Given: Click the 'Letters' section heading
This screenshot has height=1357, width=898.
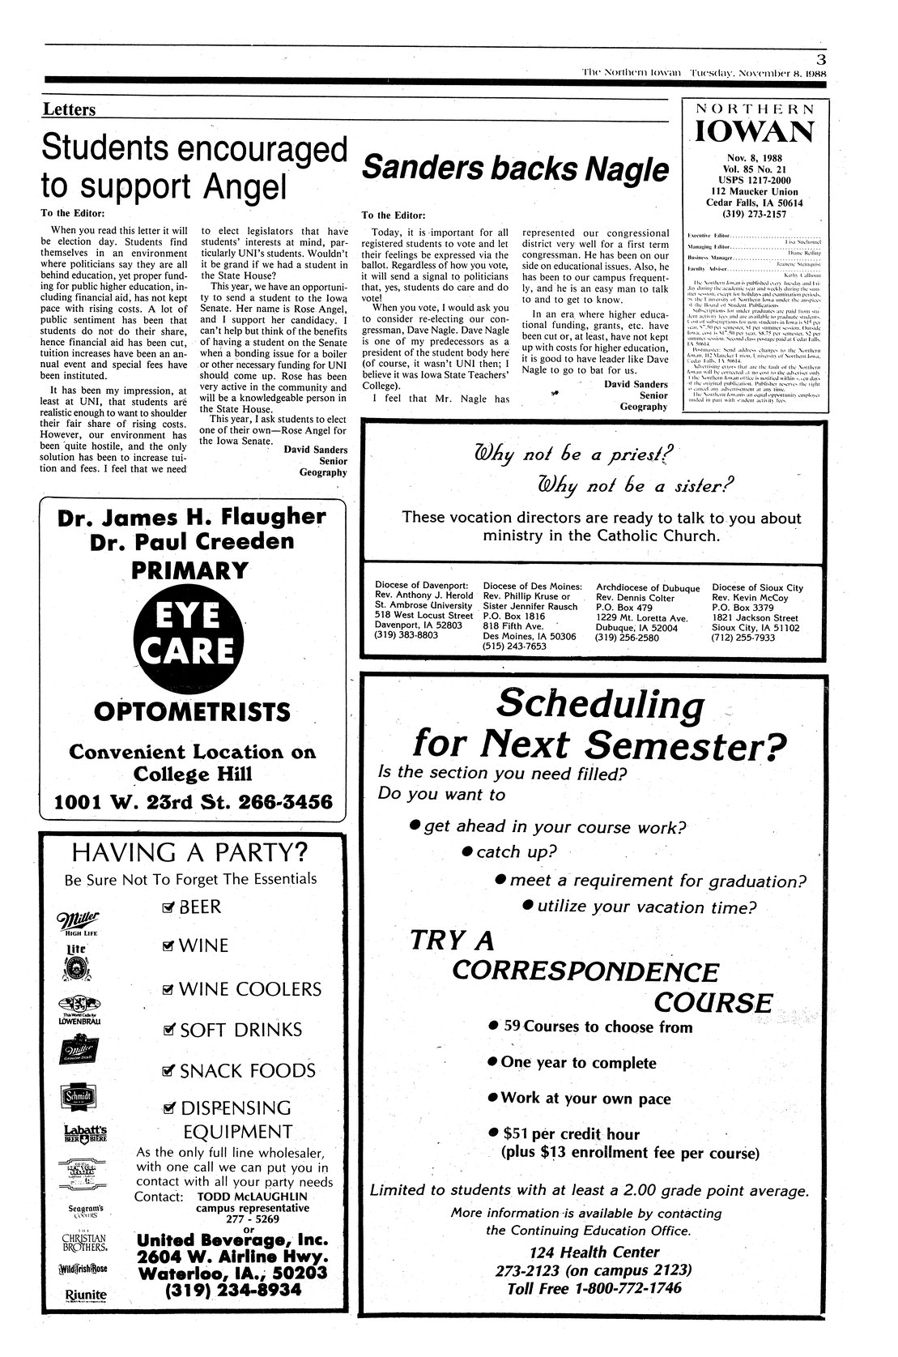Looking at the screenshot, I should tap(69, 109).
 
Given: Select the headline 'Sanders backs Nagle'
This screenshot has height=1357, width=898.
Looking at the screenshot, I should tap(516, 169).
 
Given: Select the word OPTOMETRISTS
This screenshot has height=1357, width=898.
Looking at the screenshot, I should tap(192, 712).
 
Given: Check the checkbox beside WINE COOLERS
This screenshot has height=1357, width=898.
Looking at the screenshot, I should tap(168, 989).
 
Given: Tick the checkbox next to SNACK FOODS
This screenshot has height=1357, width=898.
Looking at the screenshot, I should tap(168, 1071).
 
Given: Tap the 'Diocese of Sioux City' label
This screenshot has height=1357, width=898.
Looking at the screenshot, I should tap(757, 587).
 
